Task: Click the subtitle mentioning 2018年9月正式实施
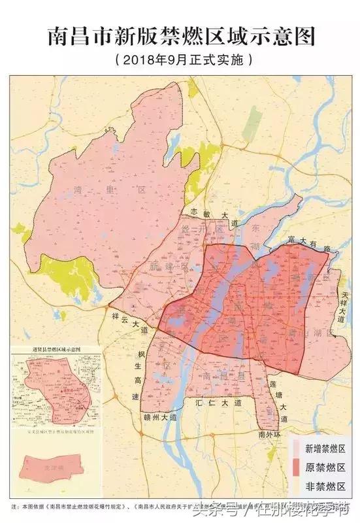180,60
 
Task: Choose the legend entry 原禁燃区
325,467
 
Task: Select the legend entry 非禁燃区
325,486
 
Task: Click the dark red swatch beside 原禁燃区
297,467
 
